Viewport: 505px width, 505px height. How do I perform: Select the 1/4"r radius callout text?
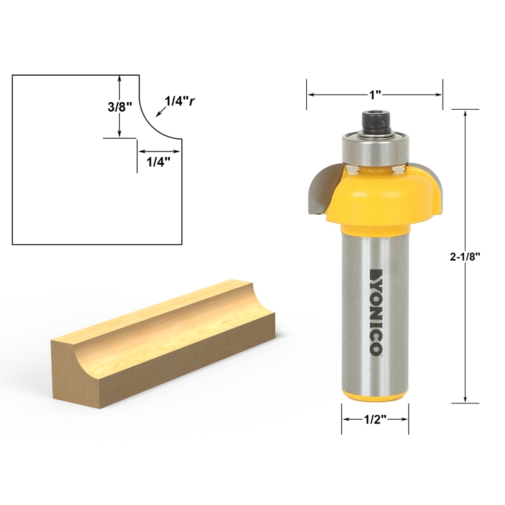coord(179,100)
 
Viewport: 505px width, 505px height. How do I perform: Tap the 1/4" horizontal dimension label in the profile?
coord(158,162)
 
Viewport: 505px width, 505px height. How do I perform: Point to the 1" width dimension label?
coord(375,95)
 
